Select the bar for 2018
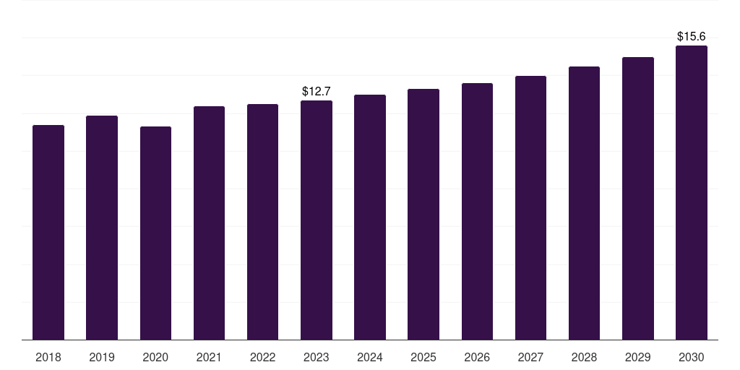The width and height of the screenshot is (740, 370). tap(48, 232)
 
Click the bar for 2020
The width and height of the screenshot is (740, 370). tap(156, 233)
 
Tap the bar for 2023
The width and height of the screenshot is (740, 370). tap(317, 220)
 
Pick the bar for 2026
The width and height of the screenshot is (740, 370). tap(477, 212)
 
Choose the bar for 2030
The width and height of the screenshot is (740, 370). tap(692, 192)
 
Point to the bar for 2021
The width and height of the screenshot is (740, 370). tap(209, 223)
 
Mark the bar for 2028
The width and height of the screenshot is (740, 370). tap(584, 203)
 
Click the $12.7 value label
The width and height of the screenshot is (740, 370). tap(317, 91)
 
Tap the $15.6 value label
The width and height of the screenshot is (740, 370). tap(692, 36)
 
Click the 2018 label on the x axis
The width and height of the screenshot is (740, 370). tap(48, 357)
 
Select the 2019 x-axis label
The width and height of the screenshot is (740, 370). tap(102, 357)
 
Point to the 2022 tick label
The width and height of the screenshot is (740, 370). tap(262, 357)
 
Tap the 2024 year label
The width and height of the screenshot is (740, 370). tap(370, 357)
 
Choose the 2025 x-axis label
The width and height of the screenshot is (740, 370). tap(423, 357)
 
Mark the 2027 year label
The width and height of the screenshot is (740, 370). tap(530, 357)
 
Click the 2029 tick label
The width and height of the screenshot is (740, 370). tap(638, 357)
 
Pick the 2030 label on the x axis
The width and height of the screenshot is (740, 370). tap(692, 357)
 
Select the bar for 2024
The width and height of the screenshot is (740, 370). tap(370, 217)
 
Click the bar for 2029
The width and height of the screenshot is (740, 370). tap(638, 198)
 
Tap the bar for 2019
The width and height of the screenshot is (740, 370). tap(102, 228)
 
